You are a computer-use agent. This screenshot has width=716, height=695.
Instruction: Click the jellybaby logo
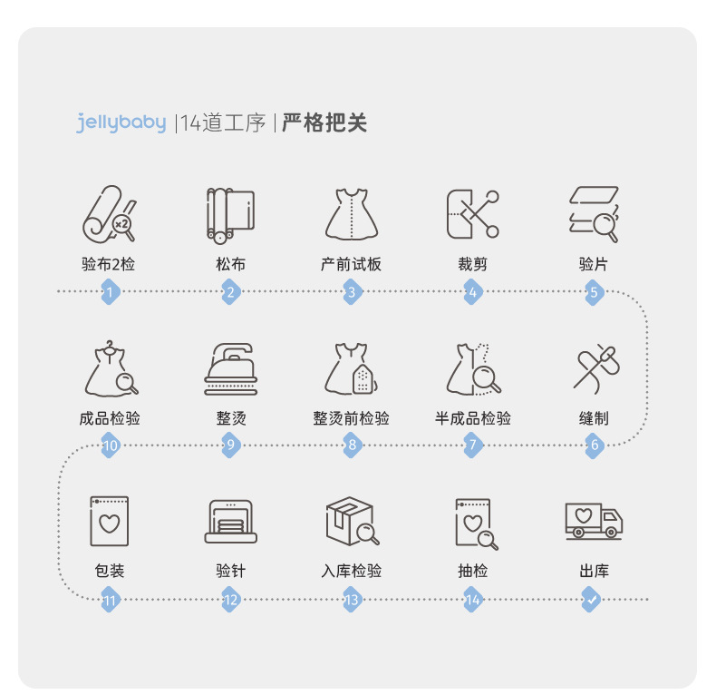point(121,123)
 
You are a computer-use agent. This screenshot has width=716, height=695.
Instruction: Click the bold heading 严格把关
point(324,123)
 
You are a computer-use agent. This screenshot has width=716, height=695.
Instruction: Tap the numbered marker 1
point(110,292)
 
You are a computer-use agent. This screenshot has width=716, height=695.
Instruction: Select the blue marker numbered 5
point(594,292)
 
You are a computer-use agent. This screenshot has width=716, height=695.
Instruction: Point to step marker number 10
point(110,445)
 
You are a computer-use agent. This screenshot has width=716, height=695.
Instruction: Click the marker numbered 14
point(472,600)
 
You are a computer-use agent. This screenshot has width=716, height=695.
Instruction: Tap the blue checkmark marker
point(592,600)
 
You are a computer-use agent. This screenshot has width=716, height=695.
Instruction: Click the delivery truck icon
point(593,521)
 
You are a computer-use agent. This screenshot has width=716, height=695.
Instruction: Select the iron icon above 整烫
point(230,367)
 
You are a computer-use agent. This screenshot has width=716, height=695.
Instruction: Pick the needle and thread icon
point(594,367)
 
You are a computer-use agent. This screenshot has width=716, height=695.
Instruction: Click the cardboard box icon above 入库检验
point(350,521)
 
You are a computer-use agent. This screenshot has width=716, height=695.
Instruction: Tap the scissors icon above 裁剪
point(472,214)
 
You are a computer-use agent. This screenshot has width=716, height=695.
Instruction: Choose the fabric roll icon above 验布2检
point(109,214)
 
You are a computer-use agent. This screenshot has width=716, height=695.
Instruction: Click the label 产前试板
point(351,265)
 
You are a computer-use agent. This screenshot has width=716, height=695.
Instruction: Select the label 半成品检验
point(472,418)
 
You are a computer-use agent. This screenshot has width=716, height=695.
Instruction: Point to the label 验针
point(230,572)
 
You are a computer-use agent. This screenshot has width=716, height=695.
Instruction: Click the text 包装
point(110,572)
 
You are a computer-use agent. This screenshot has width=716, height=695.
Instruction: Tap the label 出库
point(593,572)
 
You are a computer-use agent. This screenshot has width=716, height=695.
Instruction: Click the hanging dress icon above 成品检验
point(110,367)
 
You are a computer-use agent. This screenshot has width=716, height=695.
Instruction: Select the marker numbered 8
point(352,445)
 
